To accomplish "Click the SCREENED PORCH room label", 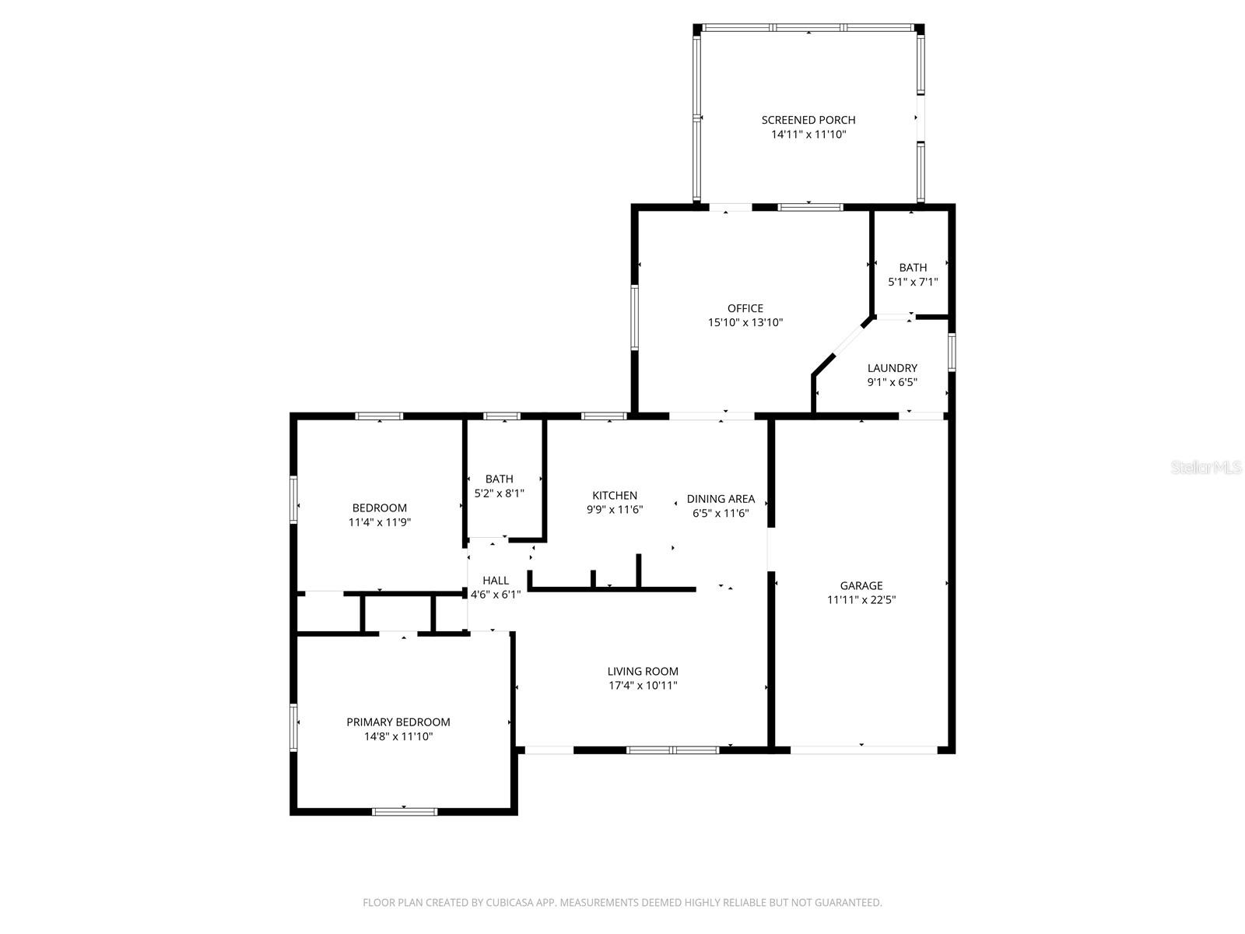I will [x=808, y=120].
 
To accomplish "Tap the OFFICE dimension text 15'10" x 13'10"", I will [x=745, y=322].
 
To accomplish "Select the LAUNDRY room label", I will [x=892, y=368].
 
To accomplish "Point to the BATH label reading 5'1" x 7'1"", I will [x=912, y=282].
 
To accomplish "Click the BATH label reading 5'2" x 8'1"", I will [x=499, y=493].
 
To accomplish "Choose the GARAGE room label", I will [x=861, y=586].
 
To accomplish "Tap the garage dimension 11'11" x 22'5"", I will [x=861, y=600].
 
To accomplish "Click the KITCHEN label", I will [x=614, y=496].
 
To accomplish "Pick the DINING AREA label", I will [x=721, y=499].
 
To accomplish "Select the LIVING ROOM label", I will [x=643, y=671].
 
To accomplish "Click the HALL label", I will [x=496, y=581].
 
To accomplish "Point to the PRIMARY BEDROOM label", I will [x=398, y=722].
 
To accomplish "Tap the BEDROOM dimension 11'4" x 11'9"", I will [x=379, y=522].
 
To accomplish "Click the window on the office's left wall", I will [x=635, y=318].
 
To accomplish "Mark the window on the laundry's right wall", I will [x=952, y=352].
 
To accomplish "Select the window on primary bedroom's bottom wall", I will [x=405, y=812].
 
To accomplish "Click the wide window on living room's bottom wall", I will [x=673, y=750].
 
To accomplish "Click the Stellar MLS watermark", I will [x=1206, y=468].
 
